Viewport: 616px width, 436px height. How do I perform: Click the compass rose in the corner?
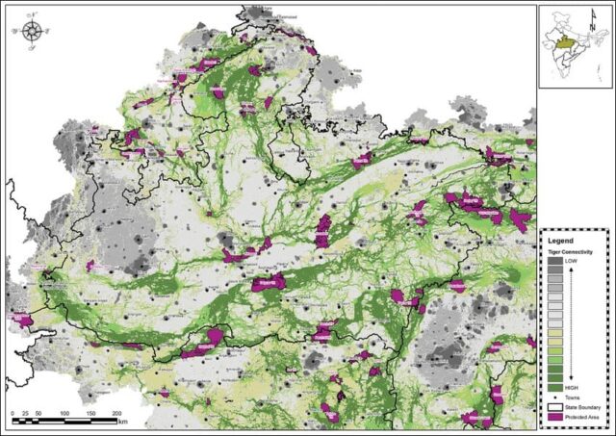(32, 29)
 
